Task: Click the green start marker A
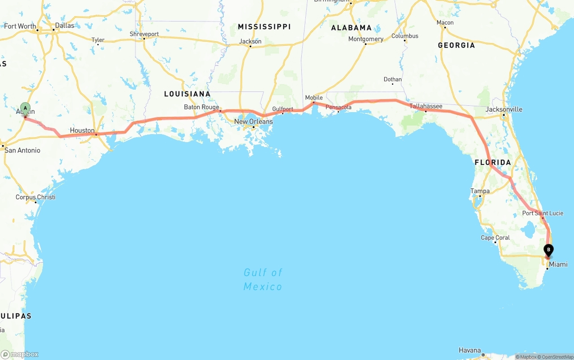[26, 108]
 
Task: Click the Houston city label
[82, 130]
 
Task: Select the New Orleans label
[253, 121]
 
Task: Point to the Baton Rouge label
[201, 107]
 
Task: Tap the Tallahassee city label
[426, 106]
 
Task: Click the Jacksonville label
[504, 109]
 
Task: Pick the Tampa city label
[480, 191]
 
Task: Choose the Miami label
[558, 265]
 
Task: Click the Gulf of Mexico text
[263, 279]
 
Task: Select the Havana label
[470, 350]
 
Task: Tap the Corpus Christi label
[35, 197]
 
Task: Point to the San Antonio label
[22, 150]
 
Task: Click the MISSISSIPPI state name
[264, 27]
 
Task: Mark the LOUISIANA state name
[187, 94]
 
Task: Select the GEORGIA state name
[456, 45]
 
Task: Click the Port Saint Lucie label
[543, 213]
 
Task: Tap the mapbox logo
[20, 354]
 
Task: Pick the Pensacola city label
[339, 107]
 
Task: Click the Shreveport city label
[144, 34]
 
